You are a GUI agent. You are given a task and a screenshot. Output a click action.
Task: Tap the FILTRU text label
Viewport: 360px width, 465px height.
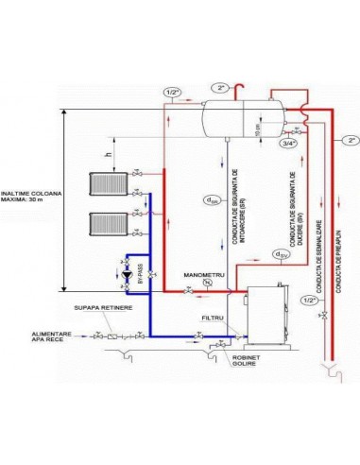[214, 319]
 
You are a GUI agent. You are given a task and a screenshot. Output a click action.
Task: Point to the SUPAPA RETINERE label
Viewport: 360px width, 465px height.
[97, 308]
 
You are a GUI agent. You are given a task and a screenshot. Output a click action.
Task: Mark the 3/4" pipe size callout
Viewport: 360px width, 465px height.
[287, 145]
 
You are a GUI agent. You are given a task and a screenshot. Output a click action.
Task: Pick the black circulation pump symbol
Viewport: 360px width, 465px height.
[128, 277]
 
